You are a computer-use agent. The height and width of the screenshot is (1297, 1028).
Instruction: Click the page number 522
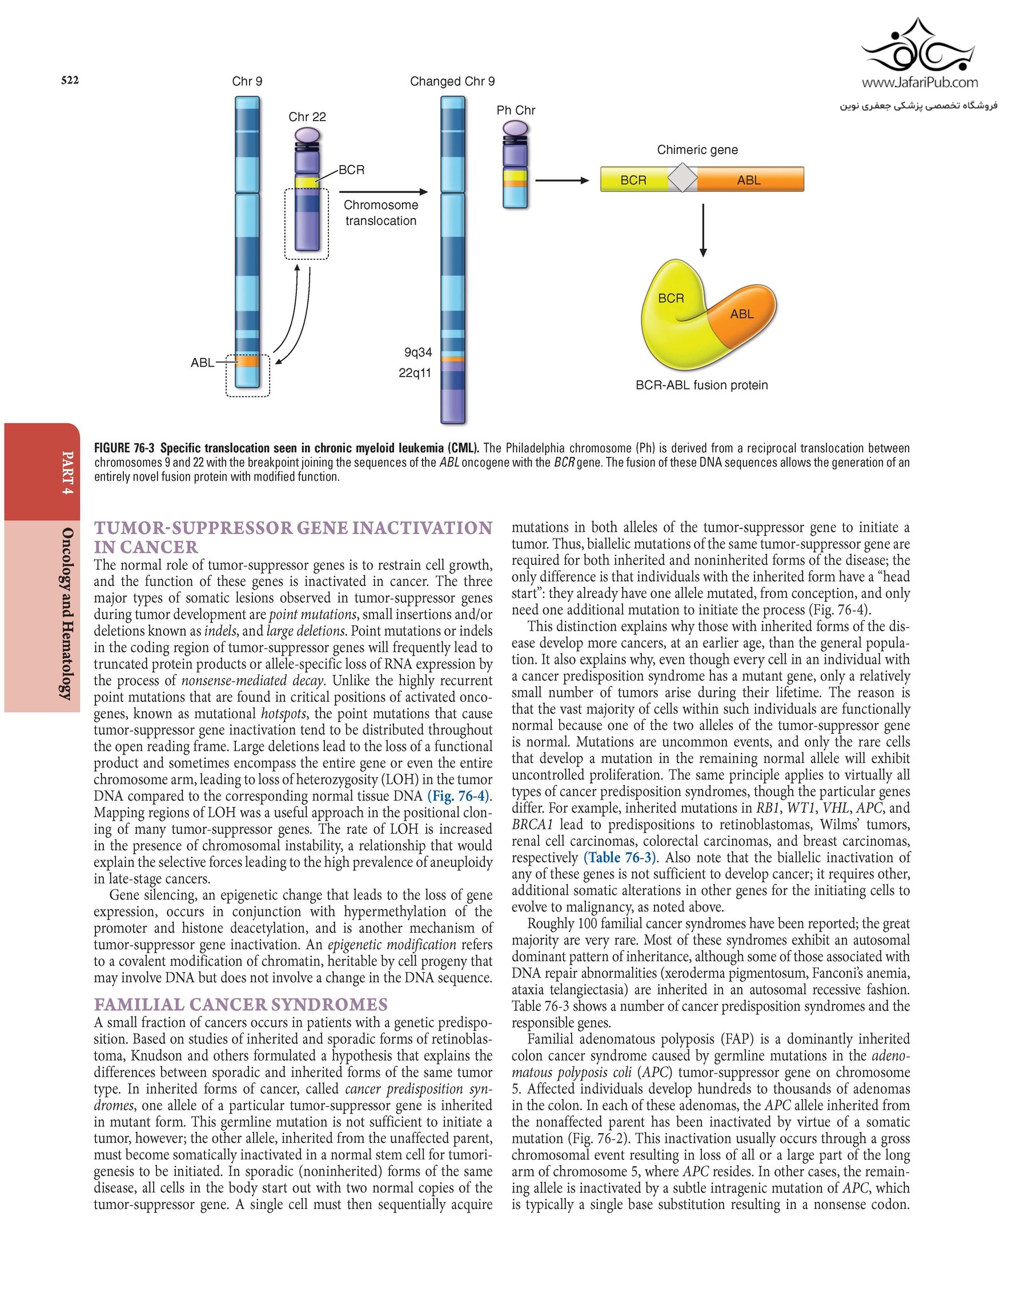click(70, 80)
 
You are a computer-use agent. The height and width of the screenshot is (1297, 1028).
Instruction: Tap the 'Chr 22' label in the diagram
click(307, 117)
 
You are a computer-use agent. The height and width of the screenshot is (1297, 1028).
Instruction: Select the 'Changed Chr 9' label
click(452, 81)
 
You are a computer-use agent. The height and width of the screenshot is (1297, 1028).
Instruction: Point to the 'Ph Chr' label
click(516, 110)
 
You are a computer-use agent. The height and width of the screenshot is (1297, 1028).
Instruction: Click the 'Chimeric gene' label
click(697, 150)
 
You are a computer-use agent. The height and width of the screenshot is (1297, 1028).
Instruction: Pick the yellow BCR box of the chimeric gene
click(633, 180)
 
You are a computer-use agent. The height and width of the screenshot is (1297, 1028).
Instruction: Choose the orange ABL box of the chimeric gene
click(749, 180)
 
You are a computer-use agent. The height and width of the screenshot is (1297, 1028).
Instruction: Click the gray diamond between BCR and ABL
click(682, 178)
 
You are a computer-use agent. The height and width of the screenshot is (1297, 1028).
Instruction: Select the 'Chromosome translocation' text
click(381, 213)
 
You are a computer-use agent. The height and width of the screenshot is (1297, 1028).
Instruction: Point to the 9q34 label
click(418, 352)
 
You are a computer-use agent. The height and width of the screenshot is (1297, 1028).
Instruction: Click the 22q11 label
click(415, 373)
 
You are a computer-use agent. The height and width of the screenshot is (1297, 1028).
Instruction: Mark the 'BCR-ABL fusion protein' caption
click(701, 385)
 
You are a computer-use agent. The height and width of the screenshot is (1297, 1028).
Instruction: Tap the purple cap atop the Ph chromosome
click(515, 127)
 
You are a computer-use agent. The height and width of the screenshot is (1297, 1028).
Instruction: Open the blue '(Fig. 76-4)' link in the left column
click(459, 796)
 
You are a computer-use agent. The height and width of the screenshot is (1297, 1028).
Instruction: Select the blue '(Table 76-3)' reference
click(620, 857)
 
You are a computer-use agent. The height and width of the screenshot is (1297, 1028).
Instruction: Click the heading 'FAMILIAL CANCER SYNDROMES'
click(240, 1005)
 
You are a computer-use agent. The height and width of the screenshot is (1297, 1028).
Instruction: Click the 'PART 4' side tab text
click(68, 472)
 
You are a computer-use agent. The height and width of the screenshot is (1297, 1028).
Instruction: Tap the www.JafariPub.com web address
click(919, 82)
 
